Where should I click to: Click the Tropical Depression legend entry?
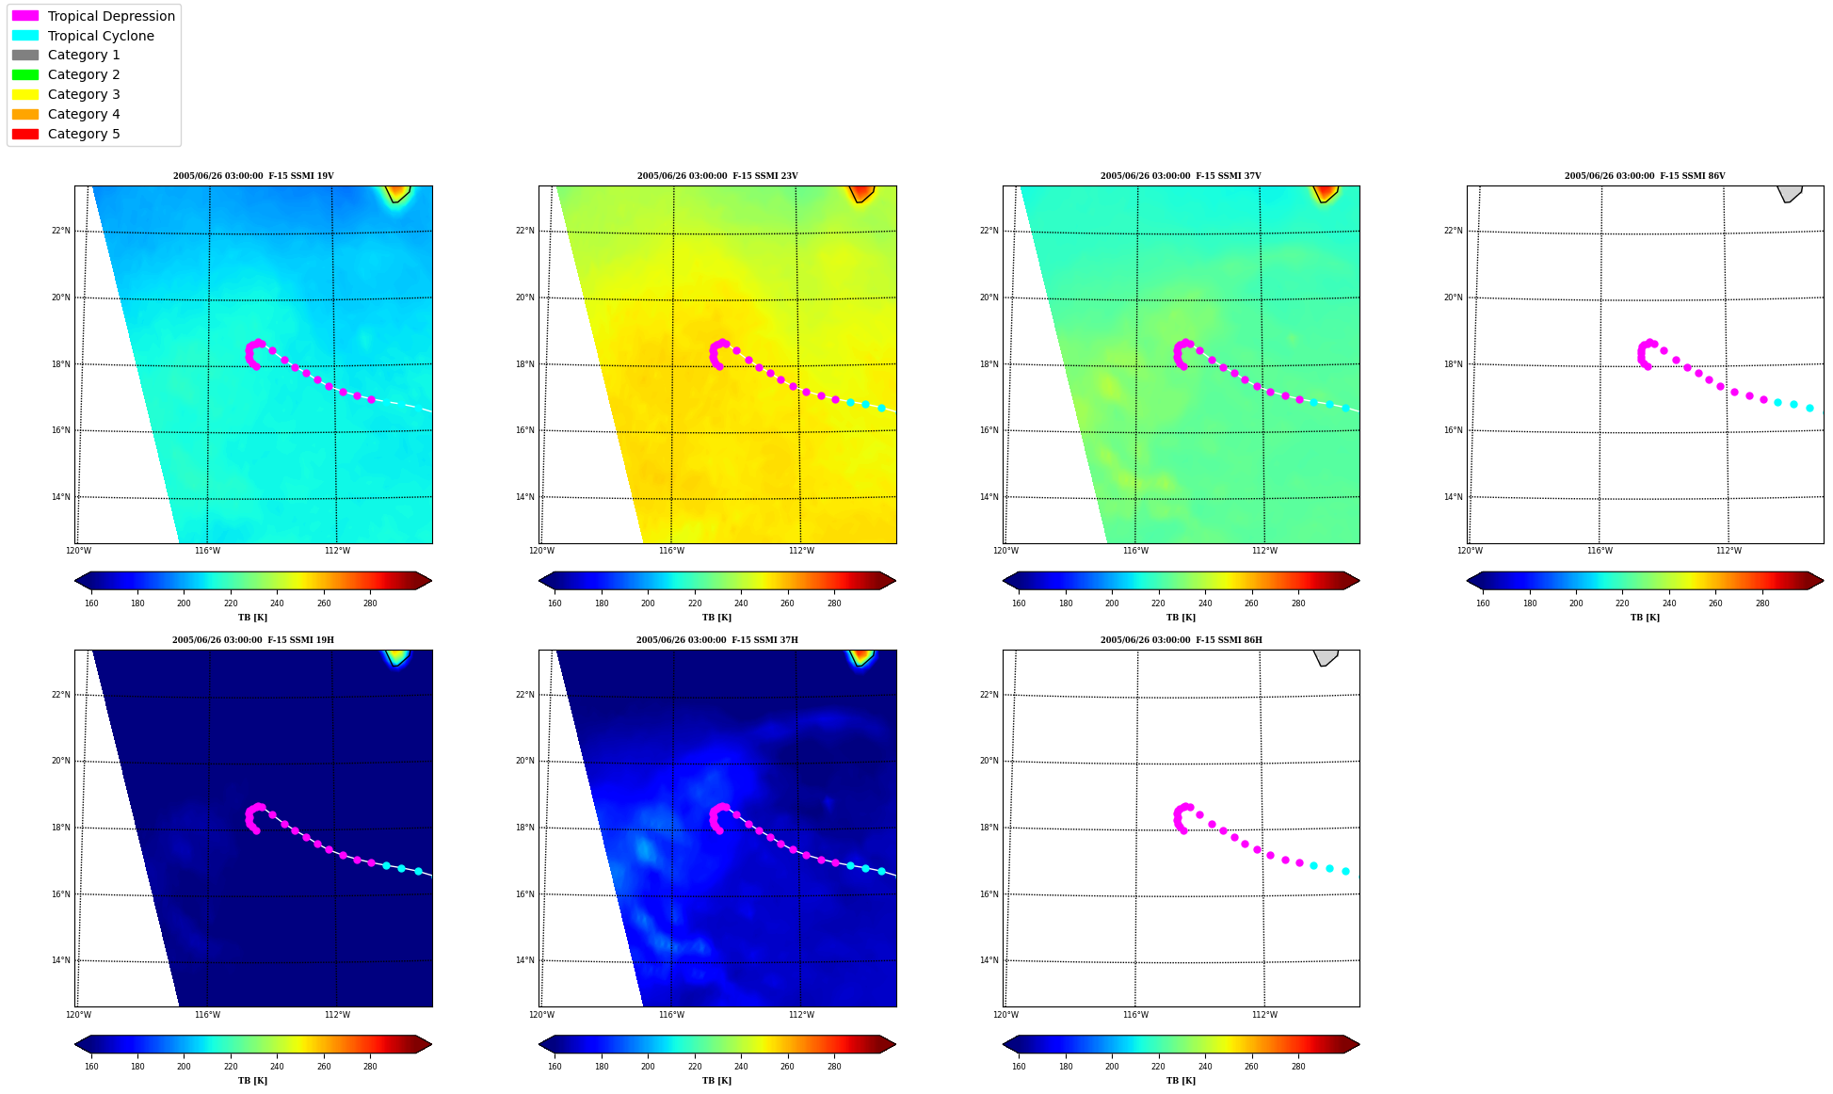pos(93,16)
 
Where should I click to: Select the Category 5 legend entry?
pos(66,134)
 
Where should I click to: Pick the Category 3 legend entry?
pos(66,94)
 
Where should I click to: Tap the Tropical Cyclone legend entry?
pos(83,36)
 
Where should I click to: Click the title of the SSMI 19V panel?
pos(253,176)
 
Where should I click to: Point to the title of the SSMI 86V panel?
pos(1645,176)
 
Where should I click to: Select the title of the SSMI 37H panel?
pos(716,640)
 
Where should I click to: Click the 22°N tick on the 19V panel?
pos(60,231)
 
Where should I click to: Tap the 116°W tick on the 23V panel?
pos(671,551)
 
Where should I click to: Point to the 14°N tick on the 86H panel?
pos(989,961)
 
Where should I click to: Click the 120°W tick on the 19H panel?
pos(78,1015)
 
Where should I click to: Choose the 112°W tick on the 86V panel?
pos(1728,551)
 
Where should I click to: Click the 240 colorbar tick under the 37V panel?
pos(1205,603)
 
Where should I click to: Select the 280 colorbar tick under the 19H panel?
pos(370,1067)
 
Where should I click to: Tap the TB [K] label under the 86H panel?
pos(1181,1081)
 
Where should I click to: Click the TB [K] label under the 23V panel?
pos(716,618)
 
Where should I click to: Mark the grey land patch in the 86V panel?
pos(1789,193)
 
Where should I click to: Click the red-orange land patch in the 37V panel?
pos(1325,193)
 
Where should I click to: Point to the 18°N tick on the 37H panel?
pos(525,829)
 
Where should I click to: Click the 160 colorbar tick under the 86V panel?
pos(1483,603)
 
